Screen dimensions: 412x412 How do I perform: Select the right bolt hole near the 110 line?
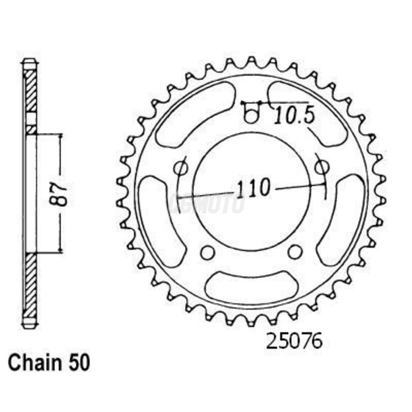(x=321, y=168)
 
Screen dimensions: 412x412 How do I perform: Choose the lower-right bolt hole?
(x=295, y=252)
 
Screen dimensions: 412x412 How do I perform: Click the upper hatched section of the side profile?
(x=30, y=91)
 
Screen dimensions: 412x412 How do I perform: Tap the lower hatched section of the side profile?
(x=30, y=284)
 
